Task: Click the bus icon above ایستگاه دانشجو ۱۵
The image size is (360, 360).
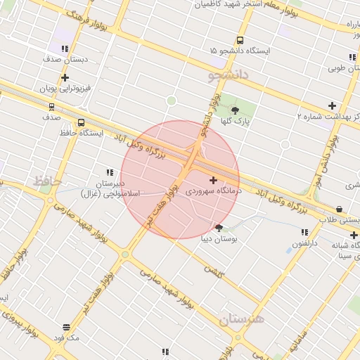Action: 240,41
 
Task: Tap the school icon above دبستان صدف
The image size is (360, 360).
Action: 65,49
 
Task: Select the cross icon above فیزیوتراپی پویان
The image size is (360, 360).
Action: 65,78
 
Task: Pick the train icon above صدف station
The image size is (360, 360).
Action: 51,107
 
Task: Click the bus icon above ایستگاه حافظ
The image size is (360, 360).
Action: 82,122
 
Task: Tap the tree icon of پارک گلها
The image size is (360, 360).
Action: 235,109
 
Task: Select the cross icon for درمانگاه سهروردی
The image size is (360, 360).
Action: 214,180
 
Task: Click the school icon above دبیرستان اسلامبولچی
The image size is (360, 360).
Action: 110,172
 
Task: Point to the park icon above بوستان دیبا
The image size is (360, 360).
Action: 219,227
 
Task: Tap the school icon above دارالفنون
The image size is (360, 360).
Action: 304,232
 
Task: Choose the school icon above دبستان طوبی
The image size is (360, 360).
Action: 352,58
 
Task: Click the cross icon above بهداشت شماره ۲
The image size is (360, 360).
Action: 333,105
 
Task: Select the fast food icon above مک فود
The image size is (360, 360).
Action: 67,327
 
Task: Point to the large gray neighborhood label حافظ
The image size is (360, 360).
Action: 49,182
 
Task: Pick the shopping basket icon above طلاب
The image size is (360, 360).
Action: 340,209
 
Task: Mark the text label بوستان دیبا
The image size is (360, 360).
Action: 220,239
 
